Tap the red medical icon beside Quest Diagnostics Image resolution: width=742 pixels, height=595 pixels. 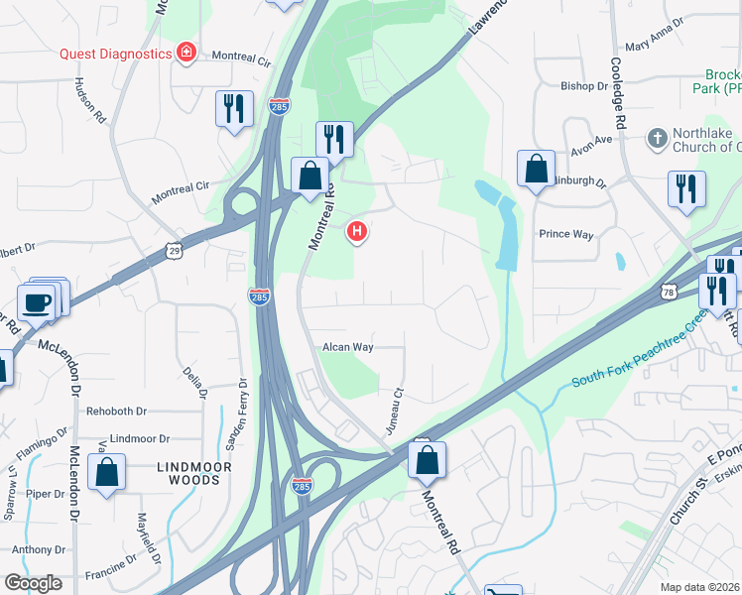click(185, 53)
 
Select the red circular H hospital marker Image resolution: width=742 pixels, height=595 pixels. click(357, 232)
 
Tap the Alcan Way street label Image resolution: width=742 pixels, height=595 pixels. click(347, 347)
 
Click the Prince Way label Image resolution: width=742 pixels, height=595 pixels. click(565, 235)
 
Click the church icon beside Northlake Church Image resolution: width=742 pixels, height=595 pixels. click(656, 139)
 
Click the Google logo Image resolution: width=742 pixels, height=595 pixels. click(33, 582)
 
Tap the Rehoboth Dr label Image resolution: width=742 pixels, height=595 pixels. click(116, 411)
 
